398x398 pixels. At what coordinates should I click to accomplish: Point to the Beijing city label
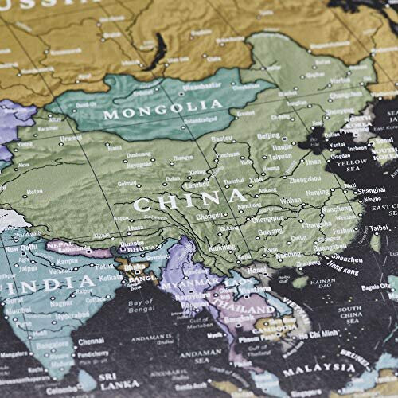tap(268, 136)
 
